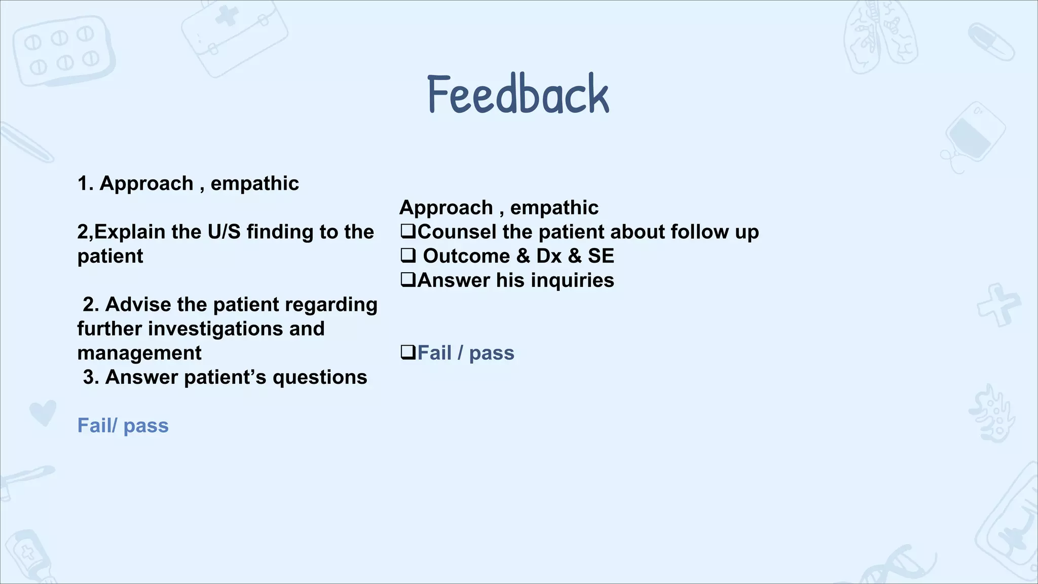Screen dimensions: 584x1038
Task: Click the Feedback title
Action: (518, 94)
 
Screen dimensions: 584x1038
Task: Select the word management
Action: (139, 353)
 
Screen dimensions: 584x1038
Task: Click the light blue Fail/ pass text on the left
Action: (123, 426)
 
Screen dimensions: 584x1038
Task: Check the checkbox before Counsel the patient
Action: (407, 232)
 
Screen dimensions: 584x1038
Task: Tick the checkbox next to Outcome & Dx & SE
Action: (407, 255)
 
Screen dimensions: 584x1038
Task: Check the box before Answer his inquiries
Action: (407, 280)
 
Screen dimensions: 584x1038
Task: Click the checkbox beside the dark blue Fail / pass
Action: (407, 352)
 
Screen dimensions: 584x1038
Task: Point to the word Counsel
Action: (457, 232)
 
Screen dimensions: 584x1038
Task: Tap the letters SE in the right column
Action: (601, 256)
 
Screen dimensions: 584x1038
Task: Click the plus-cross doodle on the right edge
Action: (998, 305)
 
